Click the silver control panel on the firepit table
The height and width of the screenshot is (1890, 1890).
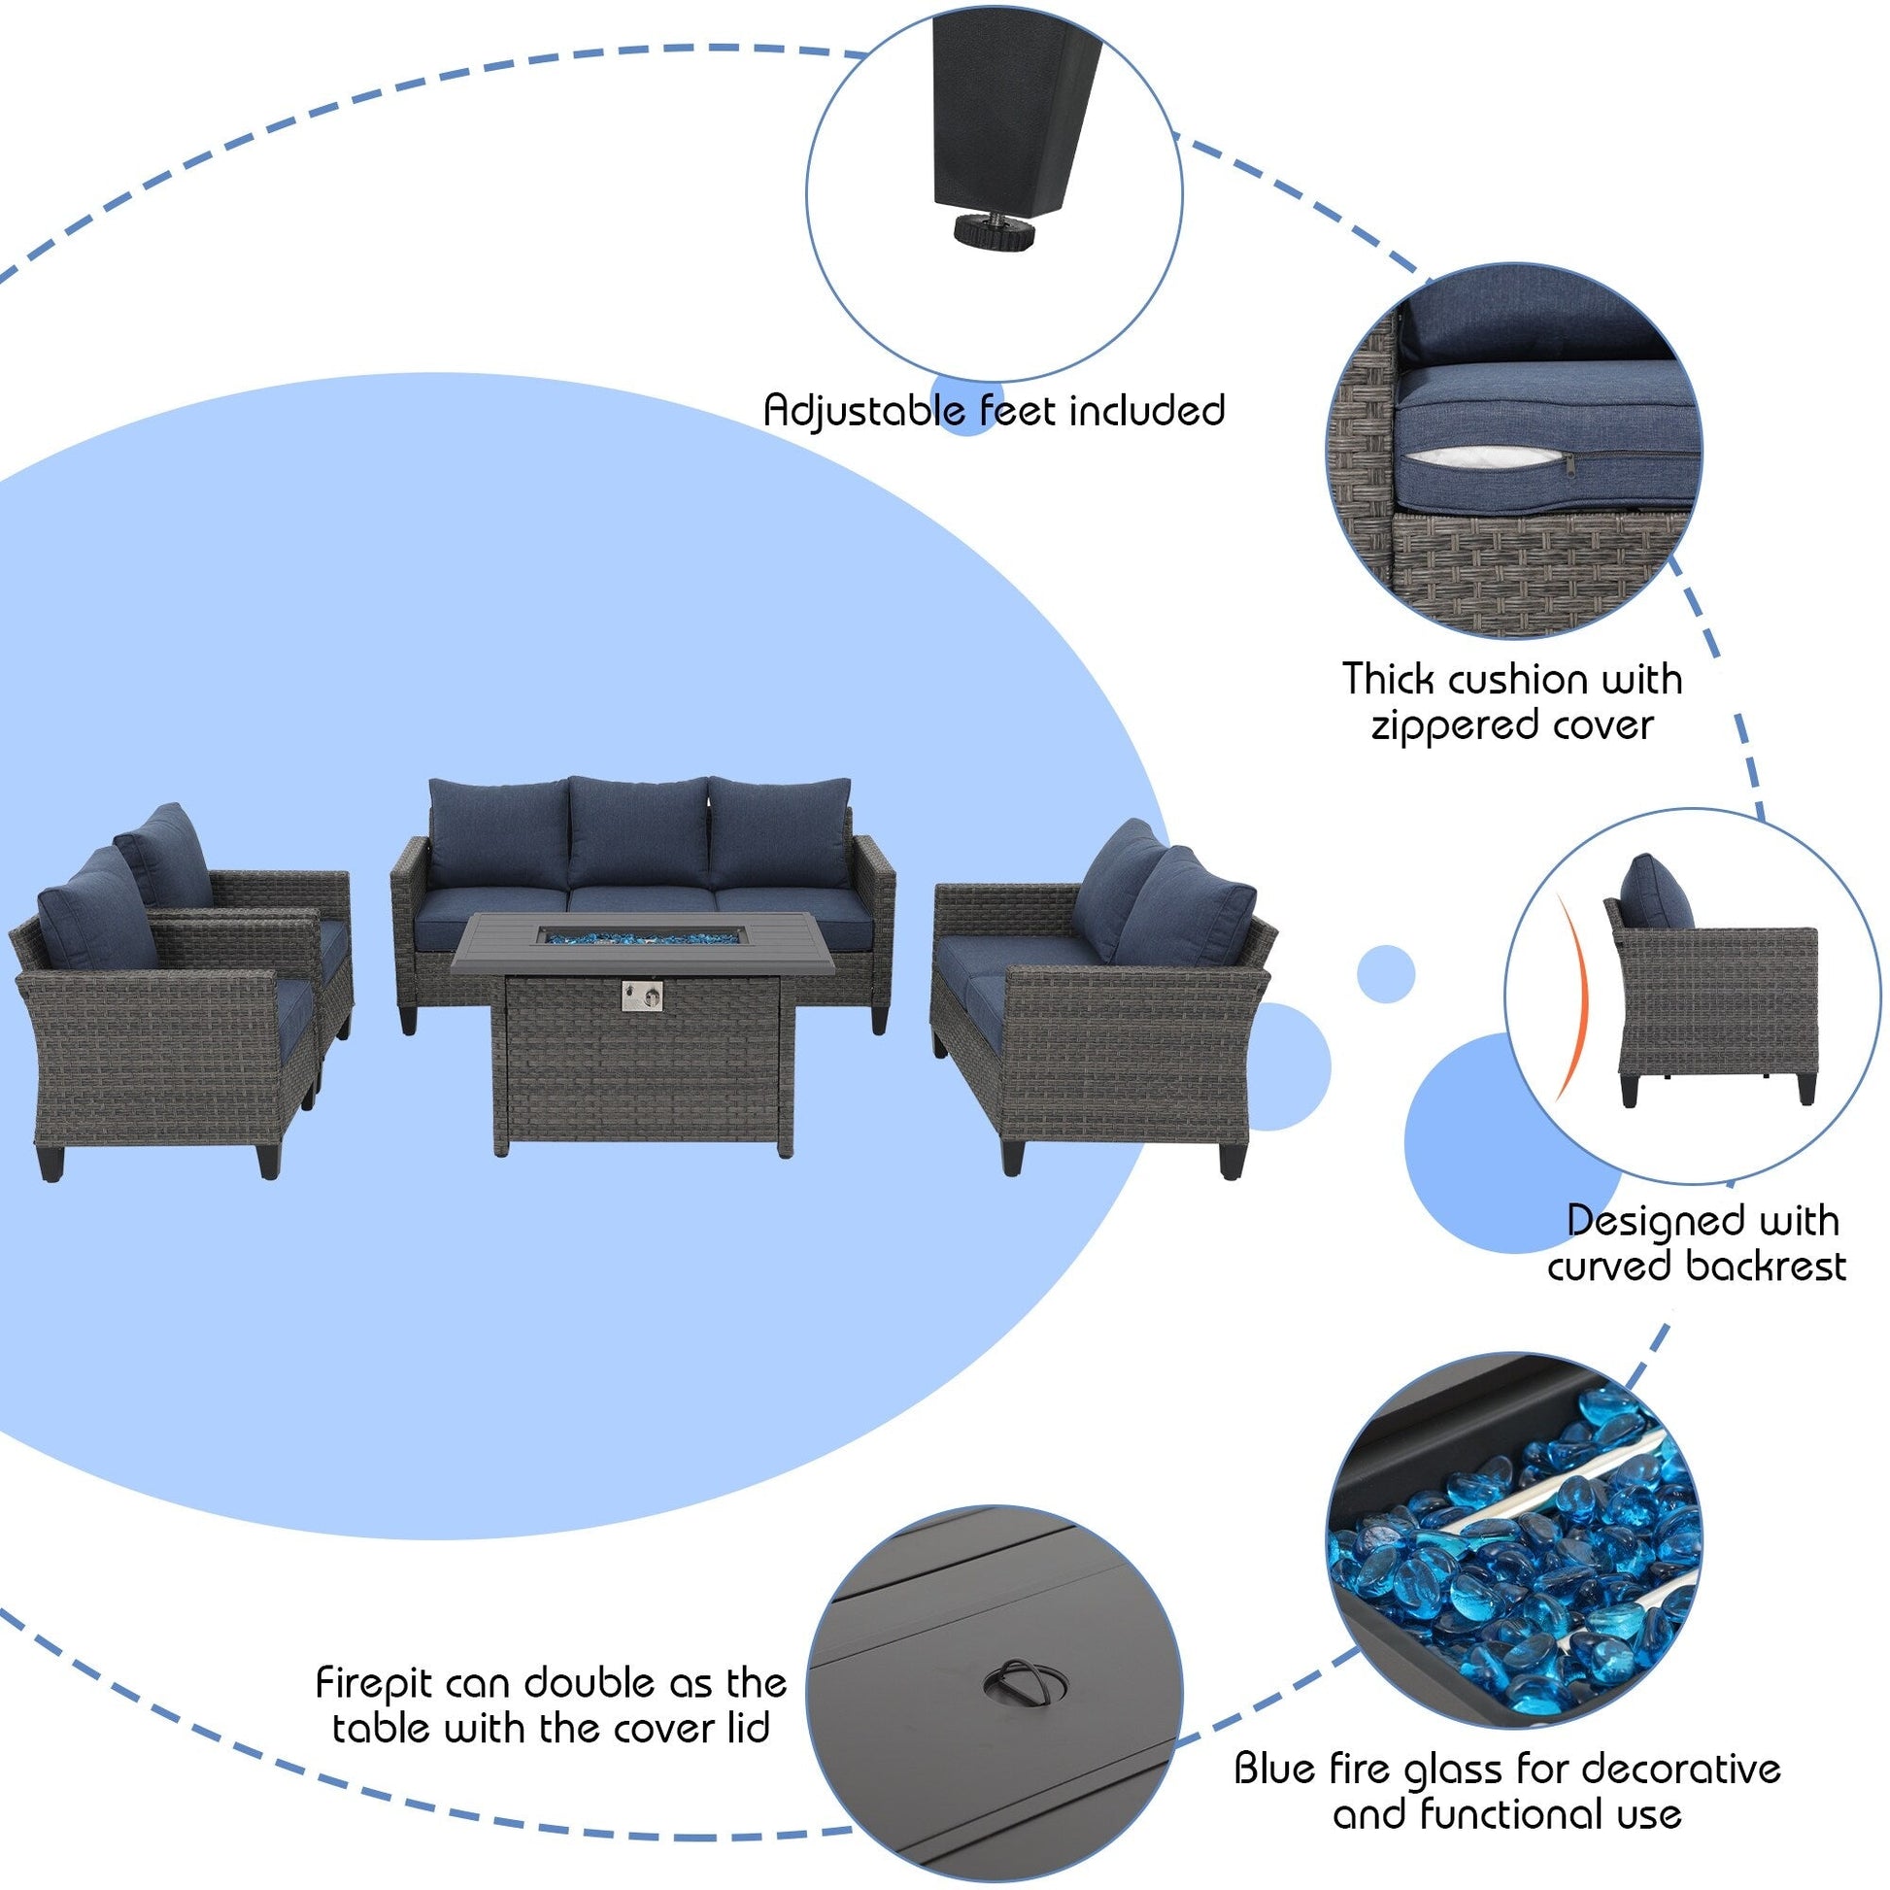(x=641, y=996)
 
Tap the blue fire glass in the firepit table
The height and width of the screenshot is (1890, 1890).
(x=641, y=937)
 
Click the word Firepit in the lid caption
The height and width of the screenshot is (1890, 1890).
(x=375, y=1682)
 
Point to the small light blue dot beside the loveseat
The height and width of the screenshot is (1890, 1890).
(x=1385, y=973)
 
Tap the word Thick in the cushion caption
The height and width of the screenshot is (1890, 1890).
(x=1387, y=679)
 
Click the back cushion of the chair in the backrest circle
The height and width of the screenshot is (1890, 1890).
(x=1655, y=894)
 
